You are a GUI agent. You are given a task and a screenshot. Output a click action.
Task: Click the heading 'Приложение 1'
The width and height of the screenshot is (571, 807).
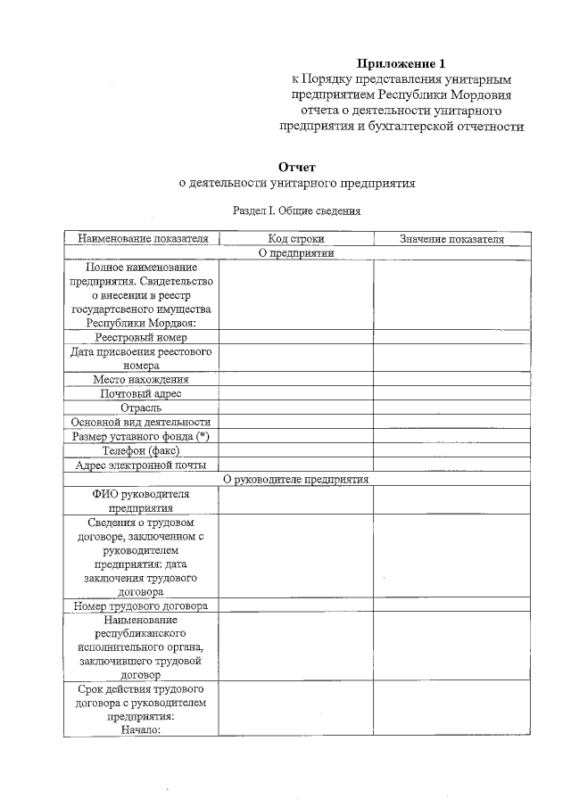(x=401, y=63)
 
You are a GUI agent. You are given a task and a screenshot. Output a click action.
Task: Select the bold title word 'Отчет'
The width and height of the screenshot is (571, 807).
(x=297, y=167)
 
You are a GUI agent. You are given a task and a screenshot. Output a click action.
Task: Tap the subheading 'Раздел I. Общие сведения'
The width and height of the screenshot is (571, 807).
(x=296, y=211)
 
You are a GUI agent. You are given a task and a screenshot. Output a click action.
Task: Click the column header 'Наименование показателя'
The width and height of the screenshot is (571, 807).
(x=142, y=239)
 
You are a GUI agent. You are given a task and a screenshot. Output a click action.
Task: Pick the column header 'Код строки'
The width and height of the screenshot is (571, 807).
(x=296, y=239)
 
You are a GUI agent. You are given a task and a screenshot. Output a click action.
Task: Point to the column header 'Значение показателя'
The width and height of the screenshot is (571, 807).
(x=451, y=239)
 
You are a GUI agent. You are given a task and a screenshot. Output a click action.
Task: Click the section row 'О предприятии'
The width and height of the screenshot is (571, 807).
(x=296, y=252)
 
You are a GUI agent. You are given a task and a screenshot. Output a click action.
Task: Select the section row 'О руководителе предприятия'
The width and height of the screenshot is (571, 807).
(x=296, y=479)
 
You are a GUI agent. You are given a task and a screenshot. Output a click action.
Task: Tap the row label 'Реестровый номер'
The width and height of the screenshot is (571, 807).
(x=142, y=337)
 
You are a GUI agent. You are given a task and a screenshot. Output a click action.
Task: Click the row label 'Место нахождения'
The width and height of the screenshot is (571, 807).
(x=142, y=379)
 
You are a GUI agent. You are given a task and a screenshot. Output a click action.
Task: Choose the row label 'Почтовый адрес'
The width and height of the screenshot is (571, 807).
(x=142, y=393)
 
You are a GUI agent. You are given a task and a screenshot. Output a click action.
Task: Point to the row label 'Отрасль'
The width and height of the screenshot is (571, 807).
(x=142, y=408)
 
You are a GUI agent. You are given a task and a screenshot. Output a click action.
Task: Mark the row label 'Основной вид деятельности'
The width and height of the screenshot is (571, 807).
(x=142, y=422)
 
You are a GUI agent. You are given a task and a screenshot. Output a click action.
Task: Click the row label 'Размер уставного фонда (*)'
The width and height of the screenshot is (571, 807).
(x=142, y=436)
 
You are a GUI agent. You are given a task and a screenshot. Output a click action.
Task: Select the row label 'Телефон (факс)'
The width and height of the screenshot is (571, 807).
(x=142, y=450)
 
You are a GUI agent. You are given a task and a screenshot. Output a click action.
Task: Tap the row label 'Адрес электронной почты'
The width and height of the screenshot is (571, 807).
(x=142, y=465)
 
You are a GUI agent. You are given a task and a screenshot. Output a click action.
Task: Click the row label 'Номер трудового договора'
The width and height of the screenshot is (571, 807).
(x=142, y=606)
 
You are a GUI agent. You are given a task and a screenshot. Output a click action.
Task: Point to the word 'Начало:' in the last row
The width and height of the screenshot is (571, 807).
(x=141, y=729)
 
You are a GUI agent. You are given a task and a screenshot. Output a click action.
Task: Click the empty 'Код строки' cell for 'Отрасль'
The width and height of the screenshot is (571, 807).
(x=296, y=408)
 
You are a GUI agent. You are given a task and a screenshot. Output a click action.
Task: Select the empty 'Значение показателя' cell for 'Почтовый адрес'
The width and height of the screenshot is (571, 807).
(x=451, y=393)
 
